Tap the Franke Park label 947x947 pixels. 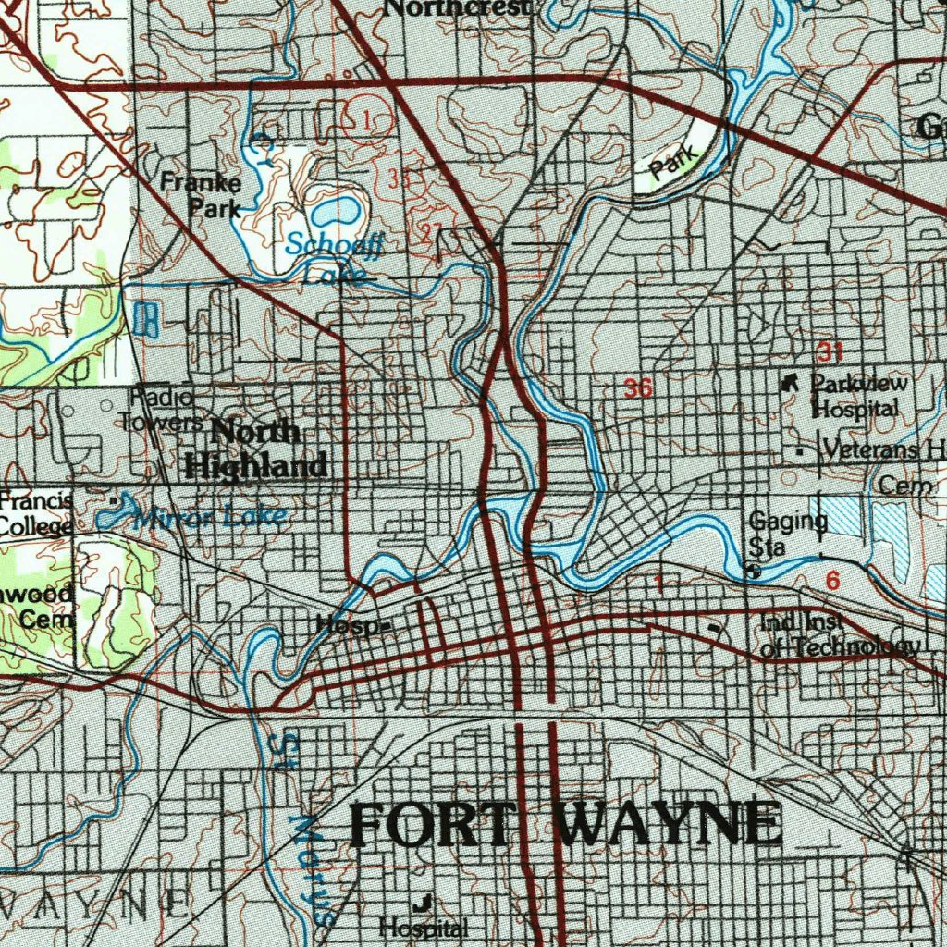(x=201, y=195)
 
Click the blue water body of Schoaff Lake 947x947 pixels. (x=335, y=211)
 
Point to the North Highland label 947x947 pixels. (x=256, y=449)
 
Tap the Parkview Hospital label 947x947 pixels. (x=857, y=395)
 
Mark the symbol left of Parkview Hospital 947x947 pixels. (x=790, y=381)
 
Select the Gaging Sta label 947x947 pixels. (x=787, y=534)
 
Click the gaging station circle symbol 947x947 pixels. (x=754, y=572)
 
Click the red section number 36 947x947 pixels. (x=638, y=388)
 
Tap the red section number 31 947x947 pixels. (x=830, y=351)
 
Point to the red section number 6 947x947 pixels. (x=832, y=581)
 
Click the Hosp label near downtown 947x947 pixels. (x=348, y=626)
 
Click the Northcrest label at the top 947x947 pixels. (x=458, y=8)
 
